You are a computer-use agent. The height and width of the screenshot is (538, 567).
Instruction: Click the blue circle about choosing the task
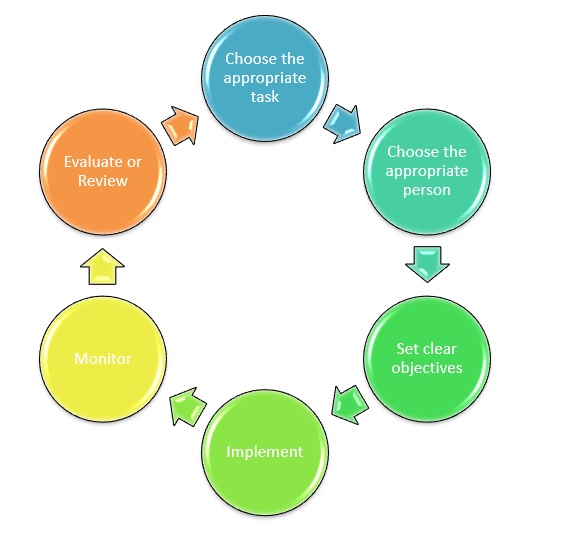265,78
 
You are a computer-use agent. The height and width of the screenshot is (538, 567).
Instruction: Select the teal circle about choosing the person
427,171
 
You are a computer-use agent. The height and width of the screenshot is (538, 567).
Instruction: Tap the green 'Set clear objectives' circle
427,358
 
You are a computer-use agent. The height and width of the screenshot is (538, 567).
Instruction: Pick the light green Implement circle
265,452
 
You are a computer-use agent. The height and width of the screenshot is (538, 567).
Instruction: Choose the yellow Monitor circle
103,358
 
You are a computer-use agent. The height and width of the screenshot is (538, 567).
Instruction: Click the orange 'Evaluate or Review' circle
103,171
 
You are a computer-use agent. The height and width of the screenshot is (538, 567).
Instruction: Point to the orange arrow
181,125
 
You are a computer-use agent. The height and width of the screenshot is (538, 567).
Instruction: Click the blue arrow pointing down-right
342,124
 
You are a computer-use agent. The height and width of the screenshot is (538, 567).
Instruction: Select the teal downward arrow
427,264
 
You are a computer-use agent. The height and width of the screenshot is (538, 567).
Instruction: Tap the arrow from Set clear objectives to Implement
350,404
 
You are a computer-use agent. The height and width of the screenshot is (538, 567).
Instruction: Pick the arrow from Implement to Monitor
188,406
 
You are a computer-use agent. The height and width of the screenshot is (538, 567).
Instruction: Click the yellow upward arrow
102,266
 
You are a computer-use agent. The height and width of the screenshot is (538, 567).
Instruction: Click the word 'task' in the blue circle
265,97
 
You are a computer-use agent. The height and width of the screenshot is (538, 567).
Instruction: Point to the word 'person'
427,191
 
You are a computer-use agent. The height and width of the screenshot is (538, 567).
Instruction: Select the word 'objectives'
427,368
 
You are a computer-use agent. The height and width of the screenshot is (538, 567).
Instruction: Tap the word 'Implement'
265,452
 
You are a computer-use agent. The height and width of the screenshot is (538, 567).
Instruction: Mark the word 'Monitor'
103,359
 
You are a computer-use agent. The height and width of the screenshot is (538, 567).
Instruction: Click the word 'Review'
103,181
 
